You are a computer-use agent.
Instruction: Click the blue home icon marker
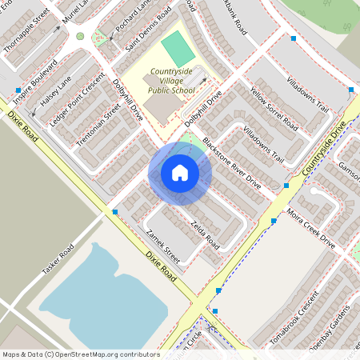[x=179, y=173]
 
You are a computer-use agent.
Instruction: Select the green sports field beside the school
[x=177, y=47]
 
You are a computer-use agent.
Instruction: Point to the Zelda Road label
[x=206, y=231]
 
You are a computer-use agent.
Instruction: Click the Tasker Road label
[x=58, y=261]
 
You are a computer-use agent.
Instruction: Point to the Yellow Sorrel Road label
[x=274, y=111]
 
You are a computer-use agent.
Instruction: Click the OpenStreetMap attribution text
[x=80, y=354]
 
